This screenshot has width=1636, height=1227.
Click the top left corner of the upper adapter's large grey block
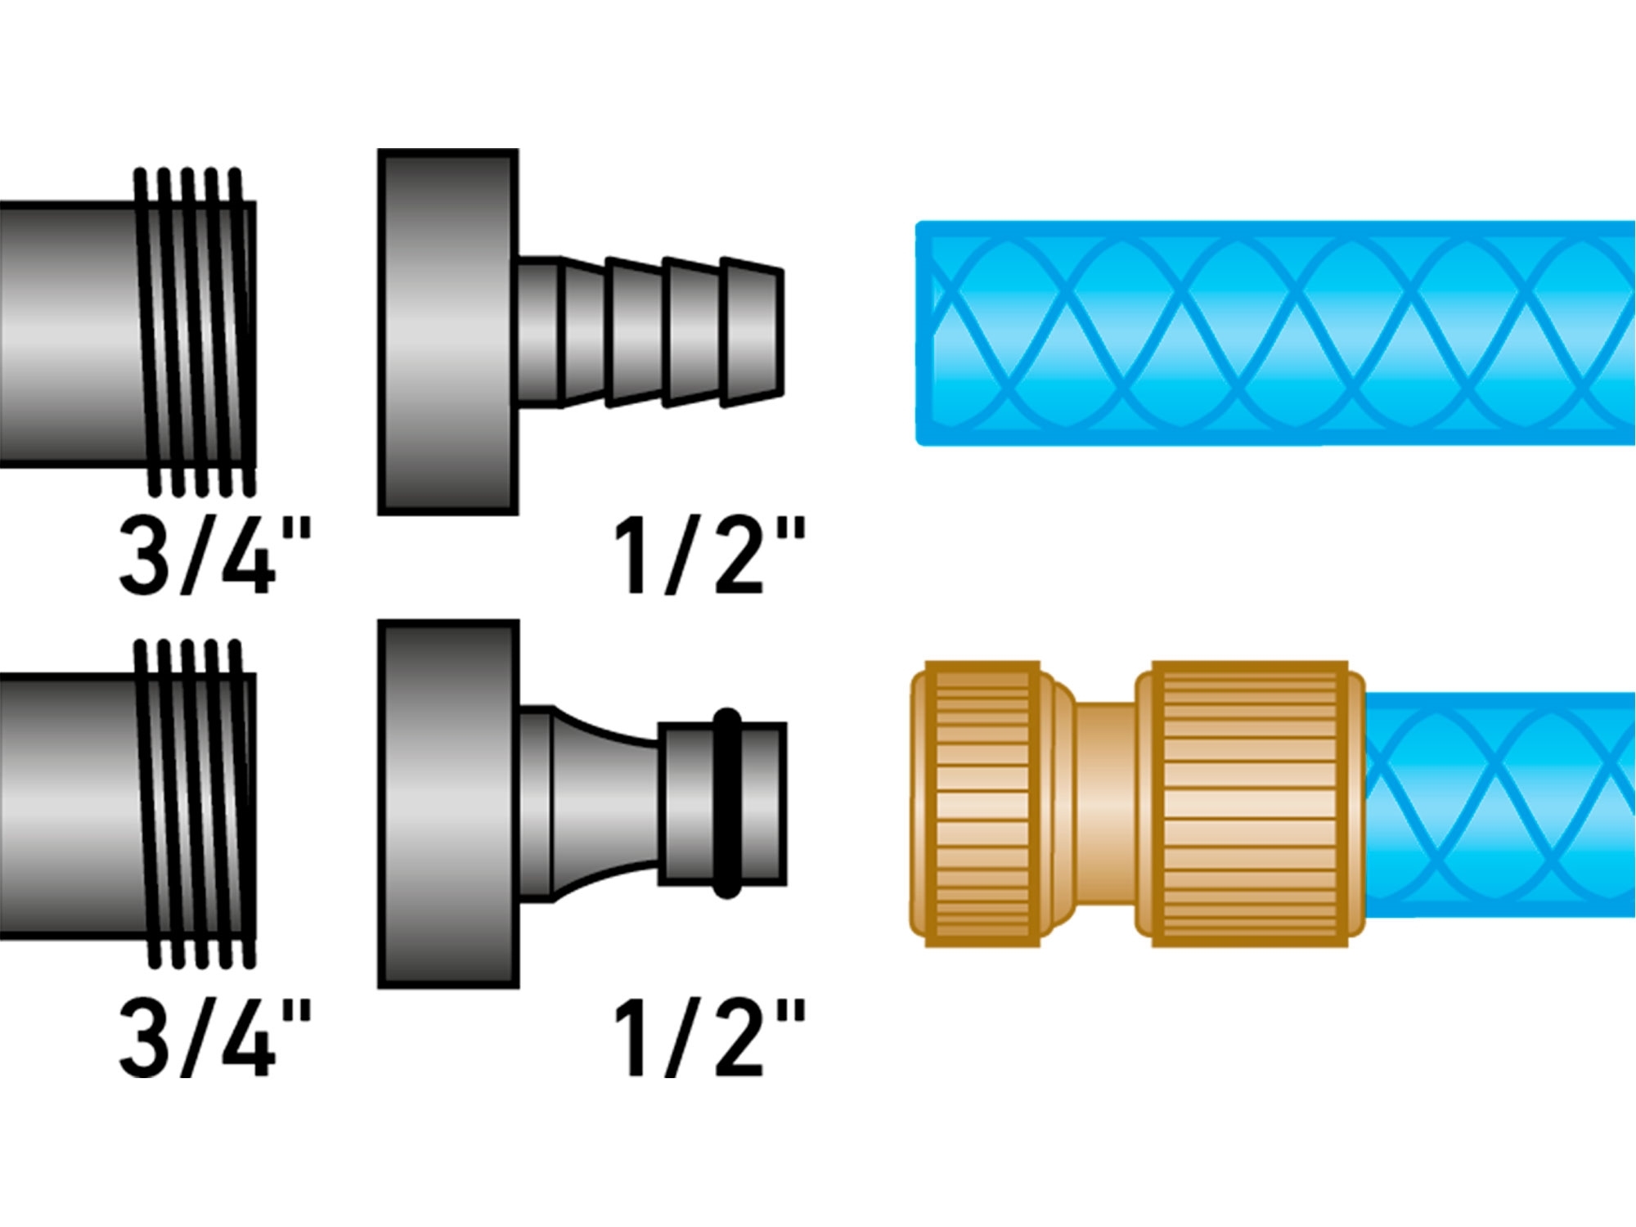coord(379,150)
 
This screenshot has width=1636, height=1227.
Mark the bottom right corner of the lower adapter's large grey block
coord(519,987)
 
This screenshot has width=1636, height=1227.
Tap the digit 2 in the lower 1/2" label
coord(739,1037)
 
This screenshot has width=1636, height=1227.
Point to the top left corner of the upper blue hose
coord(918,223)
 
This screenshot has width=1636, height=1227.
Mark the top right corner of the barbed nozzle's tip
coord(783,269)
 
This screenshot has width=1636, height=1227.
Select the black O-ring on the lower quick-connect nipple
coord(727,803)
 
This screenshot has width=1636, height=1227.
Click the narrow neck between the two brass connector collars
coord(1104,803)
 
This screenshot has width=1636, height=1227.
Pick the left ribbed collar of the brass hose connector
coord(982,803)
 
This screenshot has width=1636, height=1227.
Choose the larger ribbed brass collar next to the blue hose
coord(1250,803)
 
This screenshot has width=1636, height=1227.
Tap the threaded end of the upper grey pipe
coord(196,332)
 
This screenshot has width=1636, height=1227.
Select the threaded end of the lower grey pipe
coord(196,803)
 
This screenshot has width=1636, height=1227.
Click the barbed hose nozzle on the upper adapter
coord(651,332)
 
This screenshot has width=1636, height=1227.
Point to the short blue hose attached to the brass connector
coord(1500,803)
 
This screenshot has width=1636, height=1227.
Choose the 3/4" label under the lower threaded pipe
coord(215,1037)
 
